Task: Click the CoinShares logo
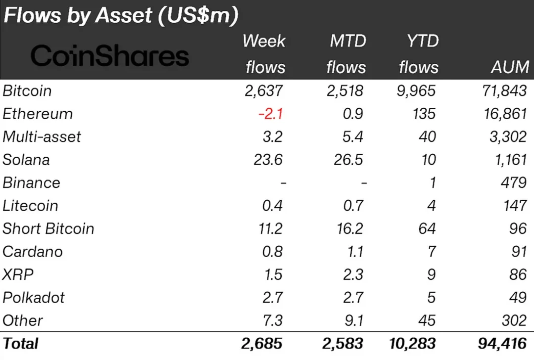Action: click(110, 55)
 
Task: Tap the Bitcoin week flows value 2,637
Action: click(264, 91)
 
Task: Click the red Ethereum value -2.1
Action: click(270, 114)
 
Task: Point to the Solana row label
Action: click(26, 160)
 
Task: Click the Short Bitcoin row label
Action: click(48, 228)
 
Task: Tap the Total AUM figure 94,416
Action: click(499, 343)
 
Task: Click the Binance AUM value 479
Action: click(514, 182)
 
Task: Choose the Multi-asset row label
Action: click(42, 136)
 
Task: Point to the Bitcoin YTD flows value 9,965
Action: click(417, 91)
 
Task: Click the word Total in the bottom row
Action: click(20, 343)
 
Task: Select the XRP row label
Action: click(18, 274)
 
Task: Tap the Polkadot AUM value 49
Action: click(517, 298)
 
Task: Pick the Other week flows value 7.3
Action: click(272, 320)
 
